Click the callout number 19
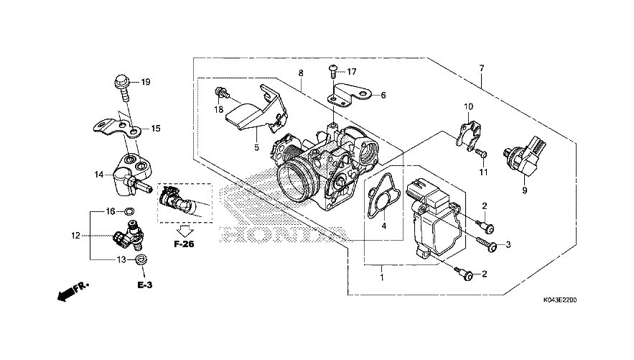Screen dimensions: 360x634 click(x=146, y=83)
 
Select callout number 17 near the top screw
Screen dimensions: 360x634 click(x=353, y=72)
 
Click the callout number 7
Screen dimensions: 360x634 click(x=482, y=68)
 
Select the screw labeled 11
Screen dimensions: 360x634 click(x=482, y=153)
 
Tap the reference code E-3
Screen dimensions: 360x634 click(x=145, y=285)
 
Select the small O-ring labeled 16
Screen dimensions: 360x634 click(x=129, y=211)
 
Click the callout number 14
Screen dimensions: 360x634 click(x=99, y=173)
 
